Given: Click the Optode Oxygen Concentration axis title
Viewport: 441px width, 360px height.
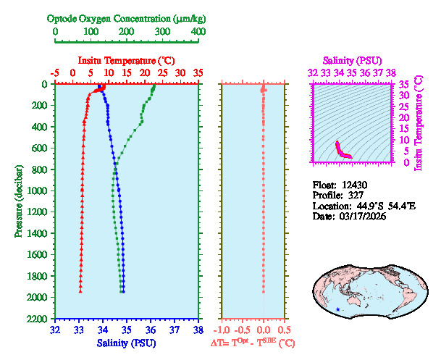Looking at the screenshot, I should [127, 18].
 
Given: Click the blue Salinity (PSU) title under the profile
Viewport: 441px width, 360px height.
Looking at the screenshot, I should [127, 342].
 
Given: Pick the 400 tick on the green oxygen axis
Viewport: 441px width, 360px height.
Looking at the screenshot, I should [198, 32].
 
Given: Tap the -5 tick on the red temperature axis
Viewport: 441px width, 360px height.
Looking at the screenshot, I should [55, 73].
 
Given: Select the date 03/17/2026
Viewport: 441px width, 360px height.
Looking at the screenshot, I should [363, 217].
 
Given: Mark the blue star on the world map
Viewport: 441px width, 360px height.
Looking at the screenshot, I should [337, 310].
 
